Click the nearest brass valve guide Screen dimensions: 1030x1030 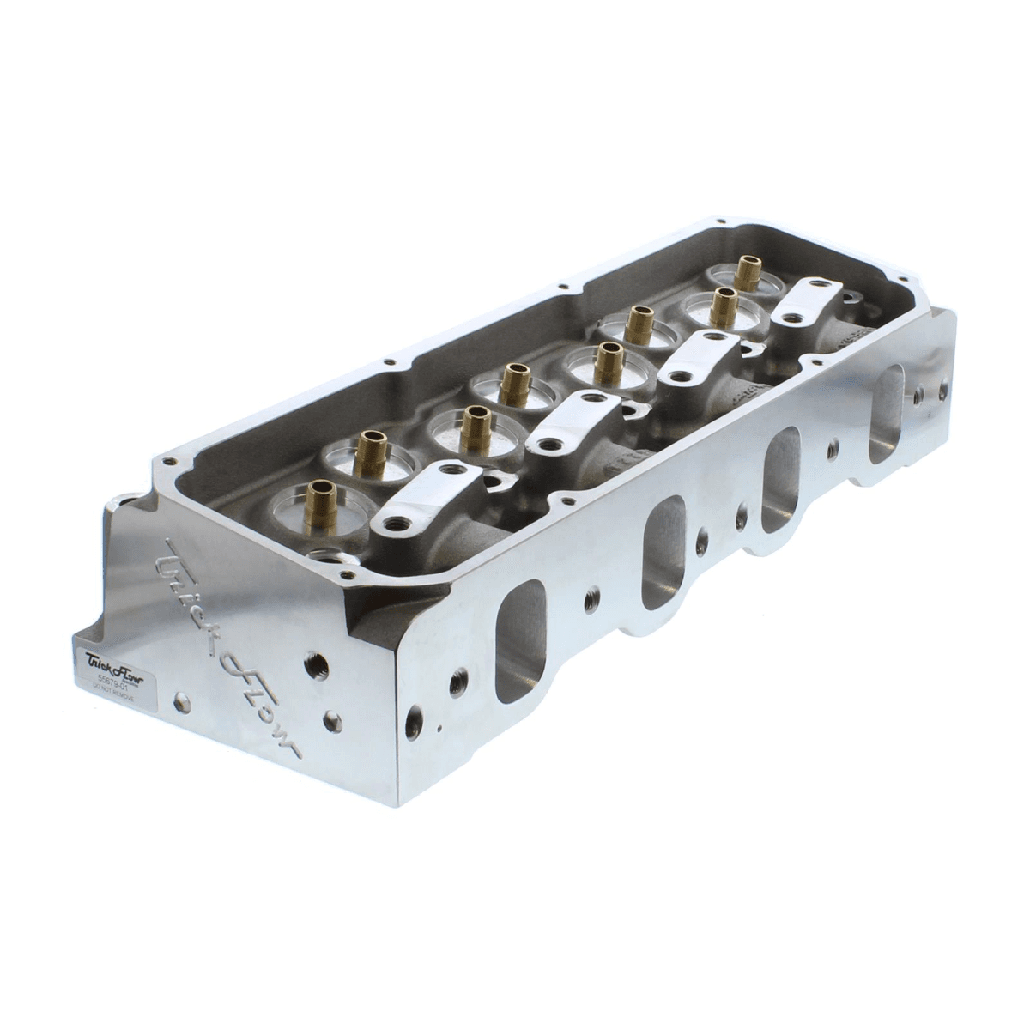(323, 499)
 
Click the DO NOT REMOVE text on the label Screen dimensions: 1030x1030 (110, 688)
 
